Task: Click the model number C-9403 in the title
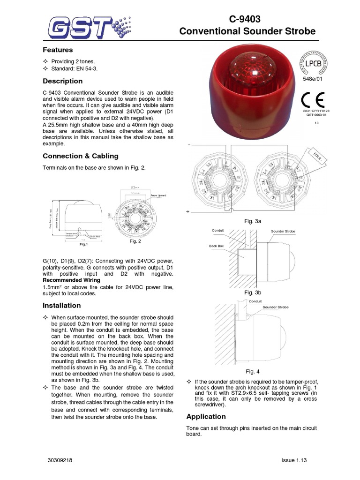click(244, 19)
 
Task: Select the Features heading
click(58, 50)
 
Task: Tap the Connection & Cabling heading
click(81, 156)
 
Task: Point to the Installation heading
click(61, 305)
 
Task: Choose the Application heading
click(206, 416)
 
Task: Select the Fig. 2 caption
click(135, 241)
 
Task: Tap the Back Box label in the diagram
click(216, 245)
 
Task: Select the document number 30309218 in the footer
click(60, 461)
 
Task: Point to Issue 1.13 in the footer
click(293, 461)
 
